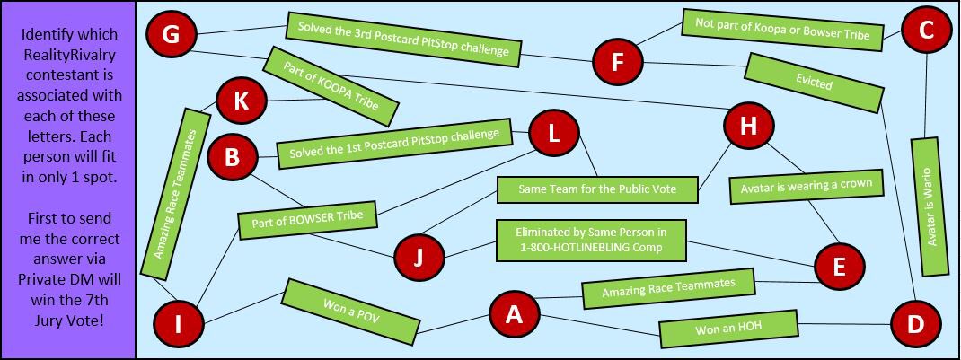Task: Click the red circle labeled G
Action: pos(171,34)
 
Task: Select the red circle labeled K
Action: pos(242,101)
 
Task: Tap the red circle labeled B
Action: pos(233,158)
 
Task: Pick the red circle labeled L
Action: pos(554,134)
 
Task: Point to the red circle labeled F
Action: pos(617,62)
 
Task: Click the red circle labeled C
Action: pos(925,31)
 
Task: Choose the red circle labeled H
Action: pos(748,126)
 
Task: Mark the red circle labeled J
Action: pos(418,257)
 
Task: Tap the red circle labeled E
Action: pos(839,267)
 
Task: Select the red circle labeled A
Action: pos(514,315)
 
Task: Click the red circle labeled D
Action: pos(914,324)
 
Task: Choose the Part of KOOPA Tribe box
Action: pos(331,86)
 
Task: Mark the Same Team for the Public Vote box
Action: pos(597,189)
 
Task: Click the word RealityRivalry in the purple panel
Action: pos(69,55)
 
